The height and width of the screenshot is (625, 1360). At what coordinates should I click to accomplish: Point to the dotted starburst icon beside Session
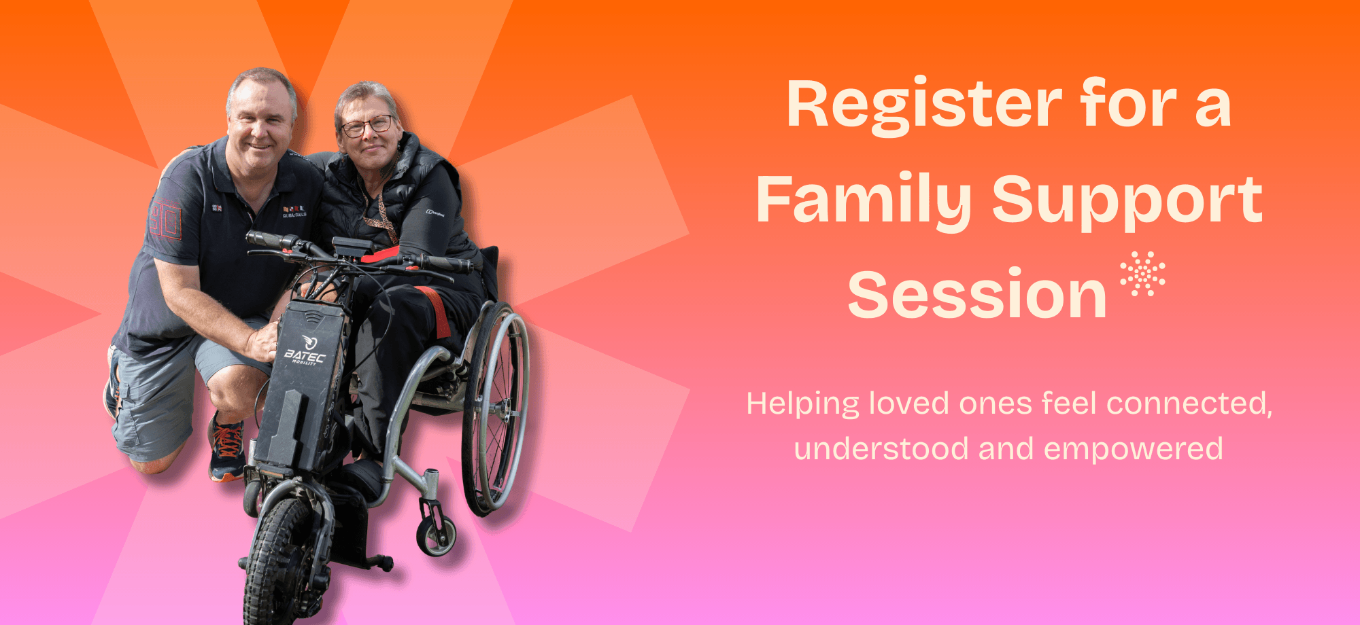click(1142, 274)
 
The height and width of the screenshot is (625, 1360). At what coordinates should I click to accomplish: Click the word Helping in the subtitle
click(803, 405)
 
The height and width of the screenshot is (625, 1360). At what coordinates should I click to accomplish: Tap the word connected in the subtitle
click(1189, 404)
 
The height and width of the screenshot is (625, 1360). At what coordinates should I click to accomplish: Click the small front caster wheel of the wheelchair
click(436, 535)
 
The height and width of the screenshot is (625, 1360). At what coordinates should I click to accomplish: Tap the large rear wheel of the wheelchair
click(495, 408)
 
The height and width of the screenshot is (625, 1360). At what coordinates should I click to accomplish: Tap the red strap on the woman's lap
click(435, 311)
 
